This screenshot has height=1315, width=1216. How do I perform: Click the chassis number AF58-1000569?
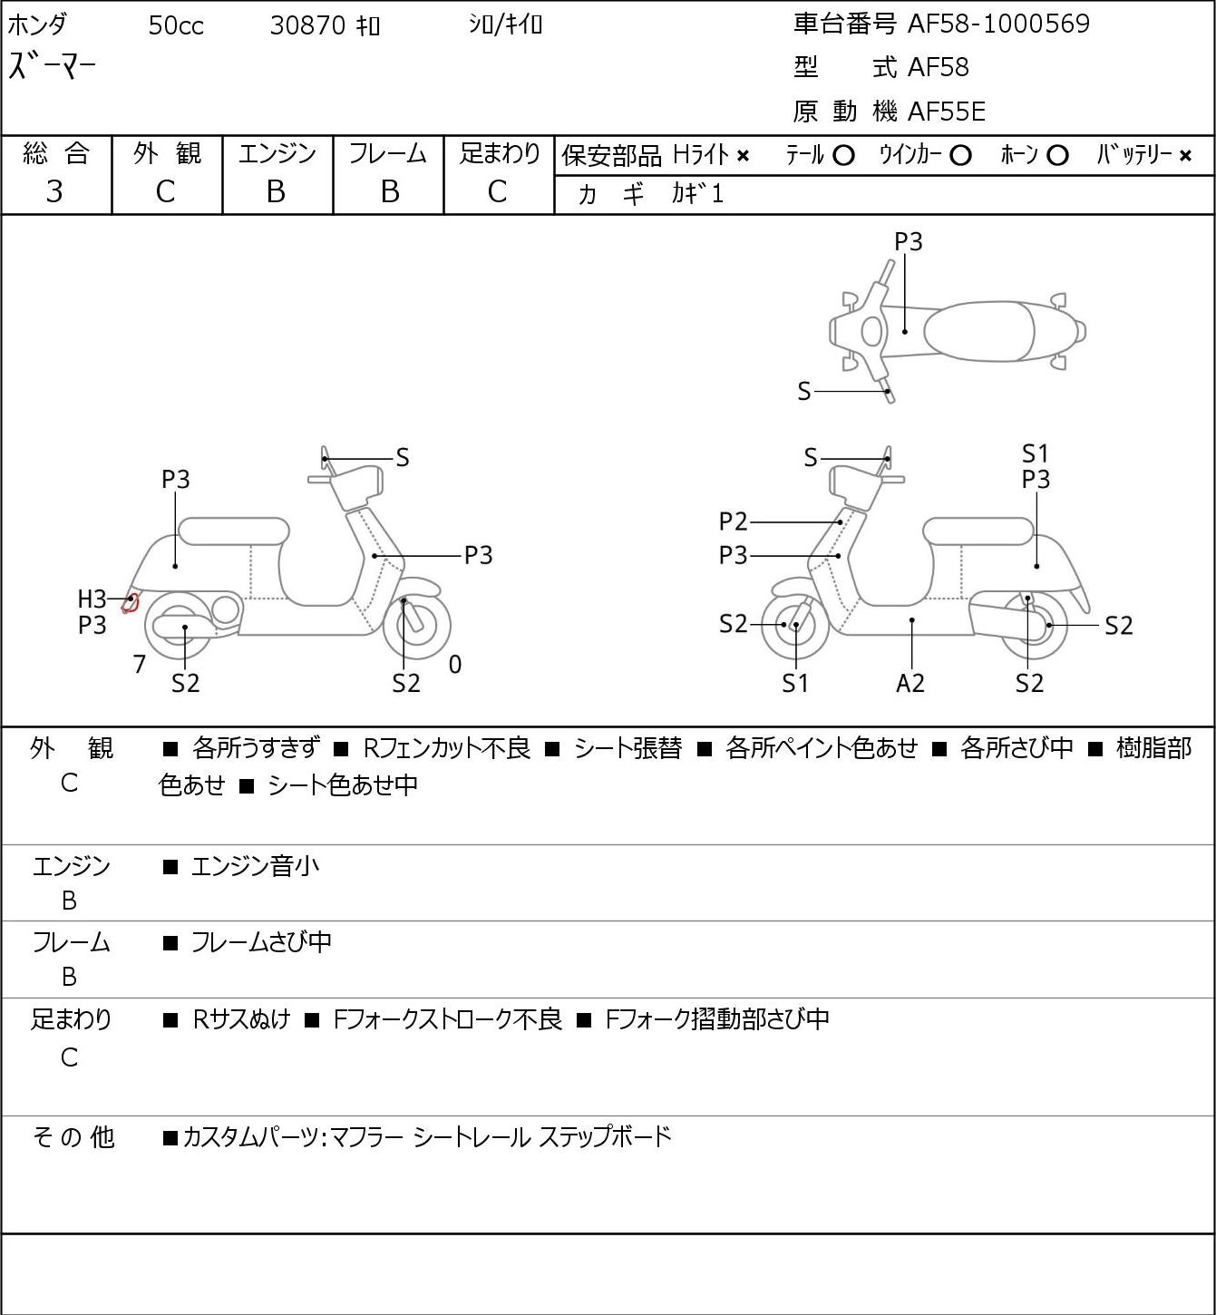(998, 24)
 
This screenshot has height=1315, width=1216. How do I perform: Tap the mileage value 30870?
(307, 25)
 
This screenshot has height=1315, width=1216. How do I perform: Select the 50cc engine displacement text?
(176, 25)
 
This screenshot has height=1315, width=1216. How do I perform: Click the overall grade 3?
(54, 192)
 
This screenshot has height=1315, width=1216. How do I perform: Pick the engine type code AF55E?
(947, 112)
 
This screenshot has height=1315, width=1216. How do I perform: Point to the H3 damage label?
(92, 599)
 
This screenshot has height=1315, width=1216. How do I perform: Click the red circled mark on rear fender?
(131, 603)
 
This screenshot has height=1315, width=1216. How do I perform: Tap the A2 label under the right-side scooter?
(910, 683)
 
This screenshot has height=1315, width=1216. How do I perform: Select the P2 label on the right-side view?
(734, 521)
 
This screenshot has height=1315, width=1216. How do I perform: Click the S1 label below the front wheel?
(794, 683)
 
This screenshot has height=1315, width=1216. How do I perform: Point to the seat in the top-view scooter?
(978, 331)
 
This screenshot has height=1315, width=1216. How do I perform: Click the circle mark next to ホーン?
(1057, 156)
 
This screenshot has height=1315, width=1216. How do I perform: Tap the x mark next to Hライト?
(744, 156)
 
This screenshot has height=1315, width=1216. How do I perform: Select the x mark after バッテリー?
(1185, 156)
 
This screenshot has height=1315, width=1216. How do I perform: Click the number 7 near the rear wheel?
(139, 664)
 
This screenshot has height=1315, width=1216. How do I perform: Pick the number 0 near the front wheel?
(454, 664)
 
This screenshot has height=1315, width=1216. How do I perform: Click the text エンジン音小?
(255, 866)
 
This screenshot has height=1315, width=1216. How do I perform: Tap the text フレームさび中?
(261, 942)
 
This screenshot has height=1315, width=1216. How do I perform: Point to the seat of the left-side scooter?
(234, 531)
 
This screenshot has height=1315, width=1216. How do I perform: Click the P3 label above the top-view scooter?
(908, 241)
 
